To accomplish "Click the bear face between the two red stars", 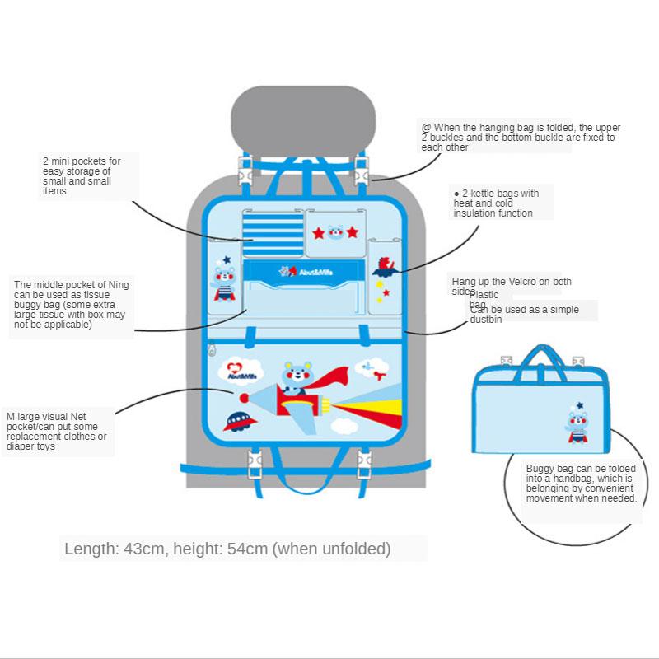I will (335, 232).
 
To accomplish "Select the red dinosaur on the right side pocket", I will (385, 266).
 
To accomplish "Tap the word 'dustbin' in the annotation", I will (486, 319).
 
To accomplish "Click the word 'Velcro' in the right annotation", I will (516, 282).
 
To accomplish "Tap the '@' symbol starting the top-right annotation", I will (426, 128).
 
